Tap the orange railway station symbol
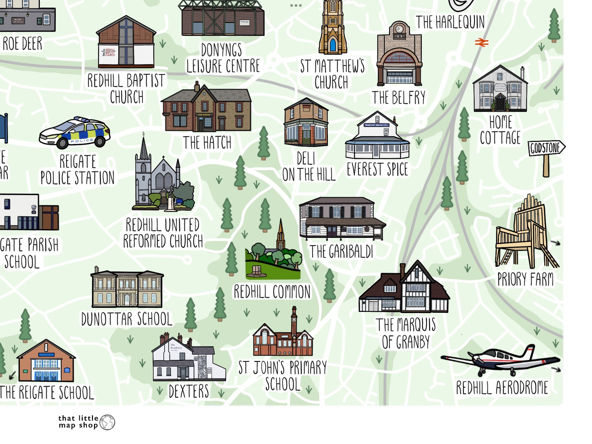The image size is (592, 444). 482,43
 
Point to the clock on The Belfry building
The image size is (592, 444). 399,29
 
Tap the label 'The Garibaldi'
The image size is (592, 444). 341,252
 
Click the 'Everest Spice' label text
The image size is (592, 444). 377,169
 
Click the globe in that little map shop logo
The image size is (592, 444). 107,422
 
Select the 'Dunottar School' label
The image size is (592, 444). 127,319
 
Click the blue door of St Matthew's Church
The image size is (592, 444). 333,45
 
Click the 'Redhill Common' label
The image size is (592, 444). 272,292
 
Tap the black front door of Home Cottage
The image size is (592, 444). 500,104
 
